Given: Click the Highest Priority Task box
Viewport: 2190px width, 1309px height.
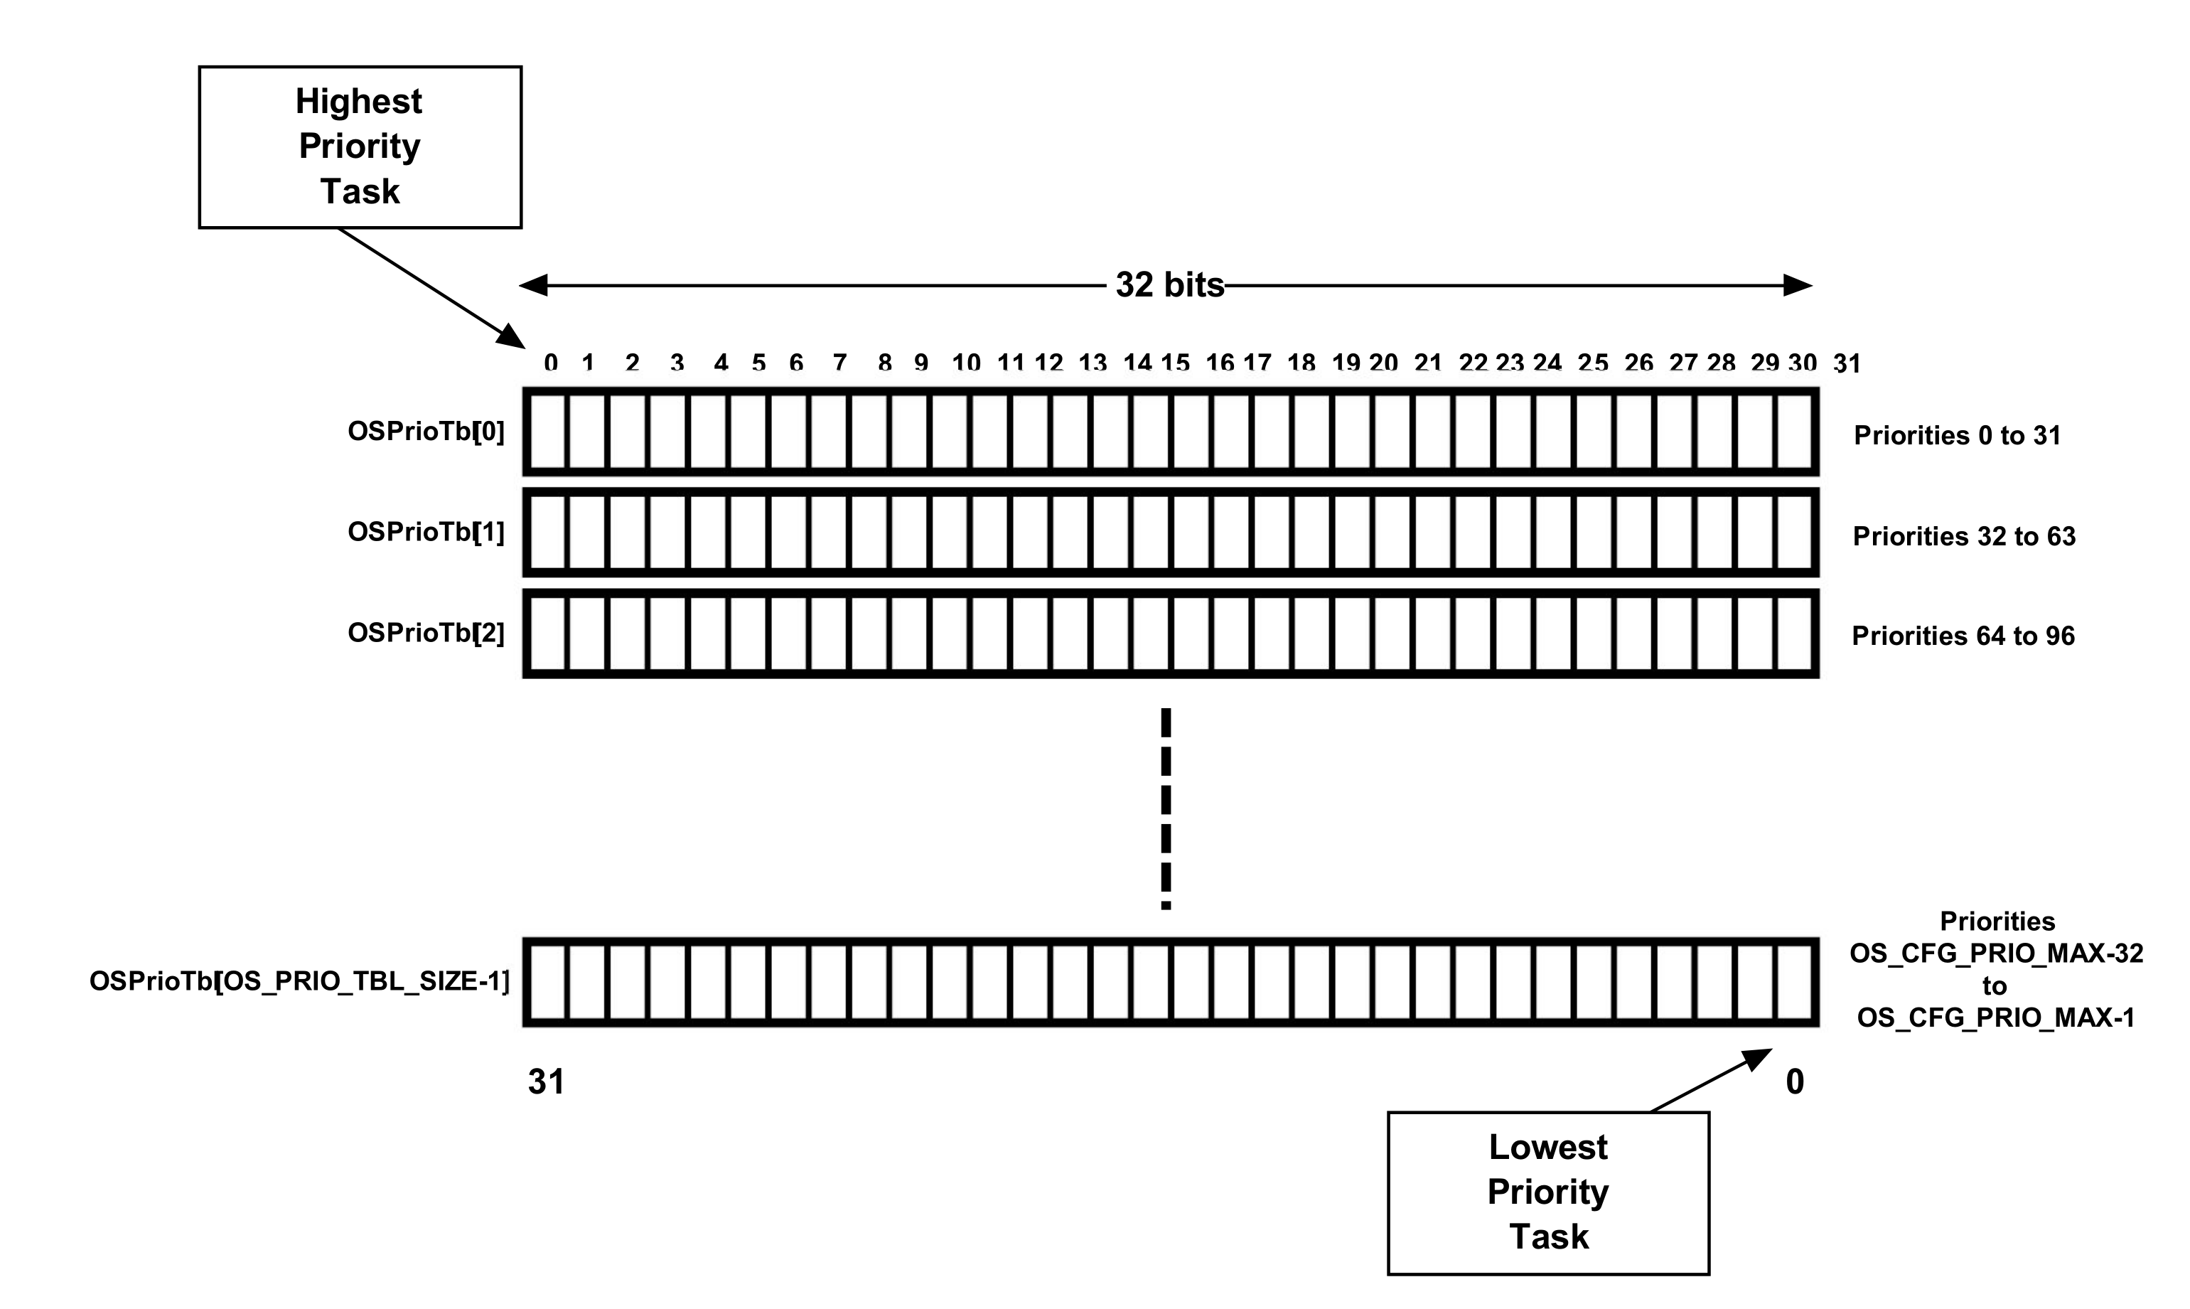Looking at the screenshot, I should click(x=360, y=146).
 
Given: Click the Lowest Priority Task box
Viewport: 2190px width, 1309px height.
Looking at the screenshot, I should click(x=1548, y=1192).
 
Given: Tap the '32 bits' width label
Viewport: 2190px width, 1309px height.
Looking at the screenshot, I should click(x=1169, y=285).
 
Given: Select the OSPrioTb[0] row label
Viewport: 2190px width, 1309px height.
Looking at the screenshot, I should click(x=426, y=432).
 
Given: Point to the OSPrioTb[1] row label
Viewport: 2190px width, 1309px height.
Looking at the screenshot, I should click(x=426, y=532).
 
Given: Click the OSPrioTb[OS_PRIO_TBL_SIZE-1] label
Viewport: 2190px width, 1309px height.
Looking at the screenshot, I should click(x=300, y=981).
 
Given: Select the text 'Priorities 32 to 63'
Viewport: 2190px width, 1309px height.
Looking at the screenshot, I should click(x=1963, y=536).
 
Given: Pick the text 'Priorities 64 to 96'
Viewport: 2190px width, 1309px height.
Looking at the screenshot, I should click(x=1963, y=636).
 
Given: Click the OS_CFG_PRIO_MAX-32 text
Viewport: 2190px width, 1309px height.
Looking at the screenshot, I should click(x=1996, y=953).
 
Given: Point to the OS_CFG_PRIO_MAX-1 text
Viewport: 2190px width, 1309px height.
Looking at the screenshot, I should click(x=1996, y=1018).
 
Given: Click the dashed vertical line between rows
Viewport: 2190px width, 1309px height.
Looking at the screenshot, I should click(x=1166, y=807).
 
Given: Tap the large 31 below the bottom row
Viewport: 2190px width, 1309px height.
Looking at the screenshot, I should click(x=546, y=1081).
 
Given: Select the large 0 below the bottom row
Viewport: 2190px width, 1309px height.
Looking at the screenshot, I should click(x=1794, y=1081).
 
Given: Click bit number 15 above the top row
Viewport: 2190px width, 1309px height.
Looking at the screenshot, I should click(x=1175, y=363).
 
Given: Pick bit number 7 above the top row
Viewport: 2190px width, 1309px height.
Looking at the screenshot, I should click(x=839, y=363).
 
